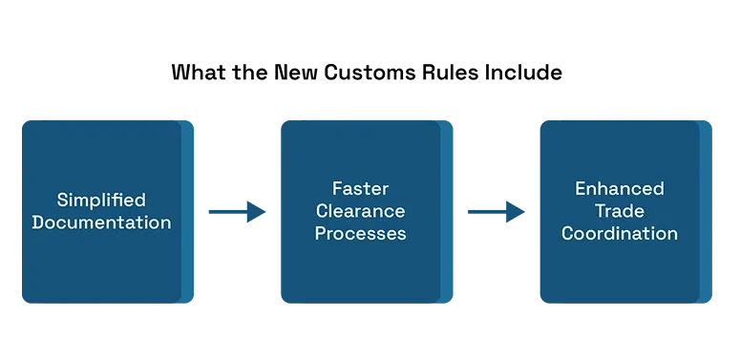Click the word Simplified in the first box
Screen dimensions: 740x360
[101, 201]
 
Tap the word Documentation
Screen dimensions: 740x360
[101, 222]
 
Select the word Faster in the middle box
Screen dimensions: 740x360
[361, 189]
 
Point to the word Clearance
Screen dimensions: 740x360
[361, 211]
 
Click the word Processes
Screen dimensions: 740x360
[361, 234]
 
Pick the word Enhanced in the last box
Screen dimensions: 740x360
[619, 189]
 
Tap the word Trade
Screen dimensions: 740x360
[619, 211]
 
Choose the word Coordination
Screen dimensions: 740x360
[619, 234]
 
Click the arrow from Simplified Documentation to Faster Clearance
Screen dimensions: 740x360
[237, 212]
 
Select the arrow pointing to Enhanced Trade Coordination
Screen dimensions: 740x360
[496, 212]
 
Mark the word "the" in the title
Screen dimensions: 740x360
[252, 73]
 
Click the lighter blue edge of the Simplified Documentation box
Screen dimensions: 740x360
[187, 212]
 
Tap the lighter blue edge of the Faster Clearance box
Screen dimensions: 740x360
[447, 212]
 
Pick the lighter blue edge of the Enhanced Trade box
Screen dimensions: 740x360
[706, 212]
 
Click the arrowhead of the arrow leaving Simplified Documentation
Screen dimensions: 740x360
[256, 212]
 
